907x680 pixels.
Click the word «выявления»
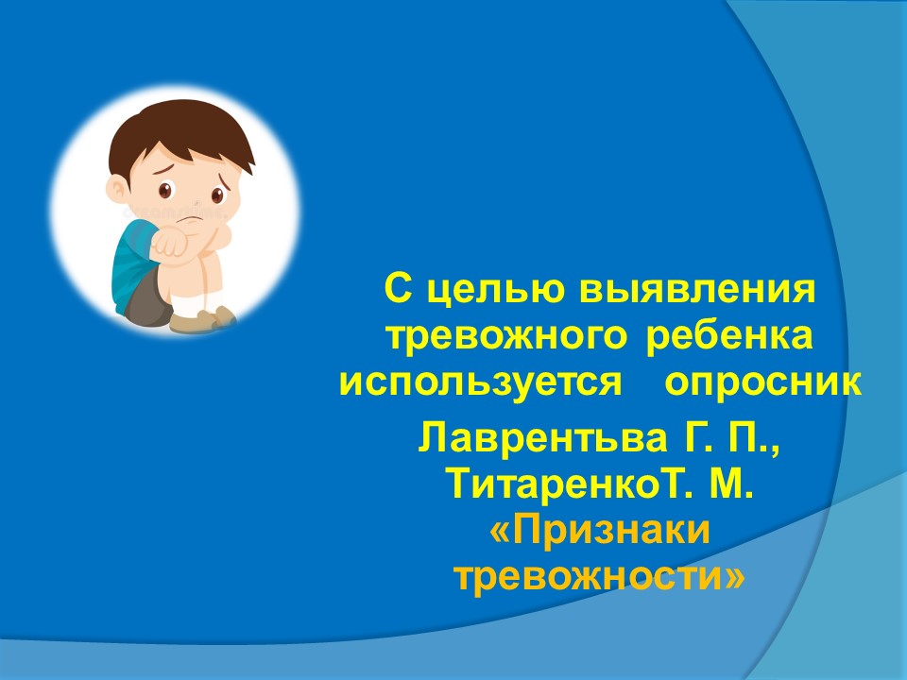click(x=697, y=289)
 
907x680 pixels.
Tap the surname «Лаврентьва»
click(x=542, y=437)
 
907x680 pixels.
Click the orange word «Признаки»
click(x=599, y=531)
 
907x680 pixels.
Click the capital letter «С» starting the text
click(x=398, y=289)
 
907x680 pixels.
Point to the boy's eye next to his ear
click(x=165, y=190)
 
